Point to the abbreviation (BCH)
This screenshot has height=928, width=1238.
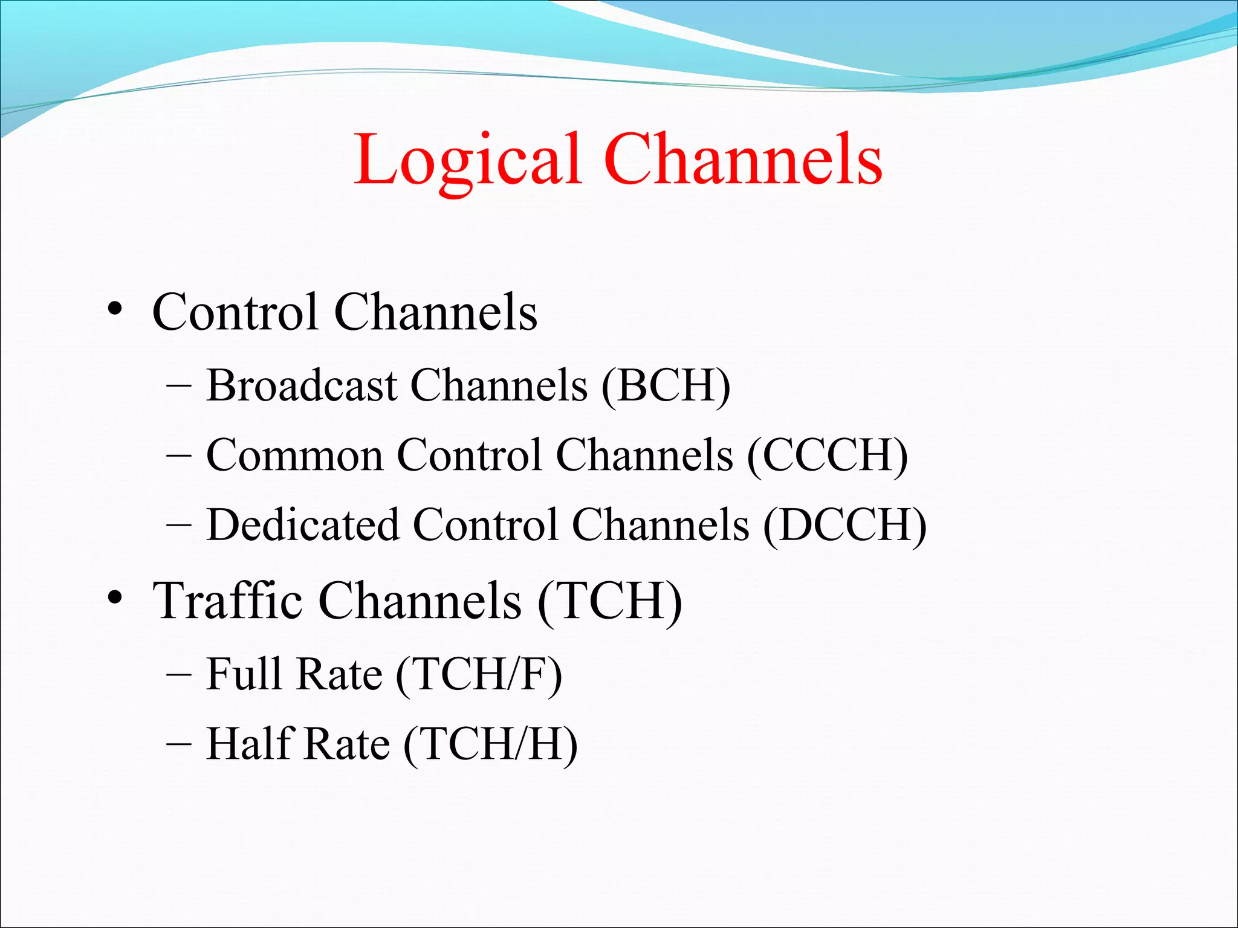[666, 387]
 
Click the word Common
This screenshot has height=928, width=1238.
[294, 456]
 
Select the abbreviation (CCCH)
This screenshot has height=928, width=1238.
[827, 456]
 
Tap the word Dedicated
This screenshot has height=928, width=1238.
[302, 524]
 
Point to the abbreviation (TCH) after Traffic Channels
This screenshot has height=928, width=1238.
[609, 602]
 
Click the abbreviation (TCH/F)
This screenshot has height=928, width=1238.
[479, 675]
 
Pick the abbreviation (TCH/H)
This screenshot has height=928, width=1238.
[490, 745]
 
